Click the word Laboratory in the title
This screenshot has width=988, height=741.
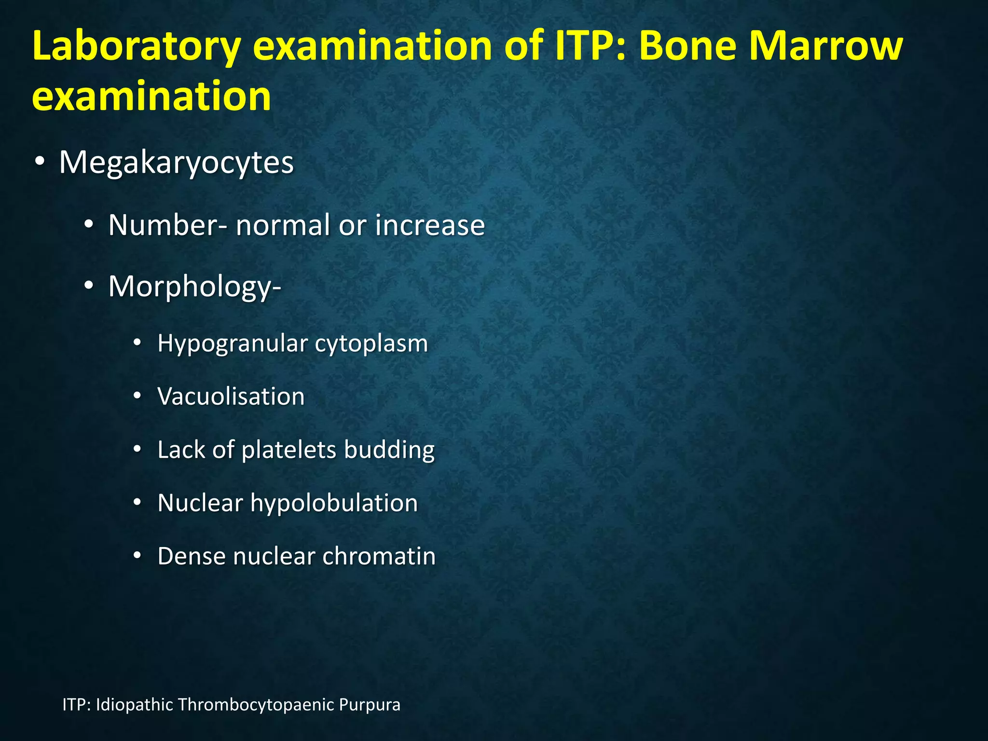pos(137,46)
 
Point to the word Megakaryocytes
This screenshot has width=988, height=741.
pos(176,163)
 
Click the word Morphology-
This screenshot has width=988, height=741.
pos(194,287)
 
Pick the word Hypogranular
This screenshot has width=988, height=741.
pos(233,344)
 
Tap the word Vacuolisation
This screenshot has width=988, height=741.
pos(231,397)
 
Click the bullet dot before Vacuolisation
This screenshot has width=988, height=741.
pos(137,397)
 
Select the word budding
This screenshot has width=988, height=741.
pos(389,450)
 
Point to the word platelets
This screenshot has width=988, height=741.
pos(288,450)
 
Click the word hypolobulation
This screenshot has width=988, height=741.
pos(334,503)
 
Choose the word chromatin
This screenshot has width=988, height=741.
pos(379,556)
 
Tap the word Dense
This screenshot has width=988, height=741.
pos(191,556)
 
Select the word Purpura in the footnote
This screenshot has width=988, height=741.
pos(370,705)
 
